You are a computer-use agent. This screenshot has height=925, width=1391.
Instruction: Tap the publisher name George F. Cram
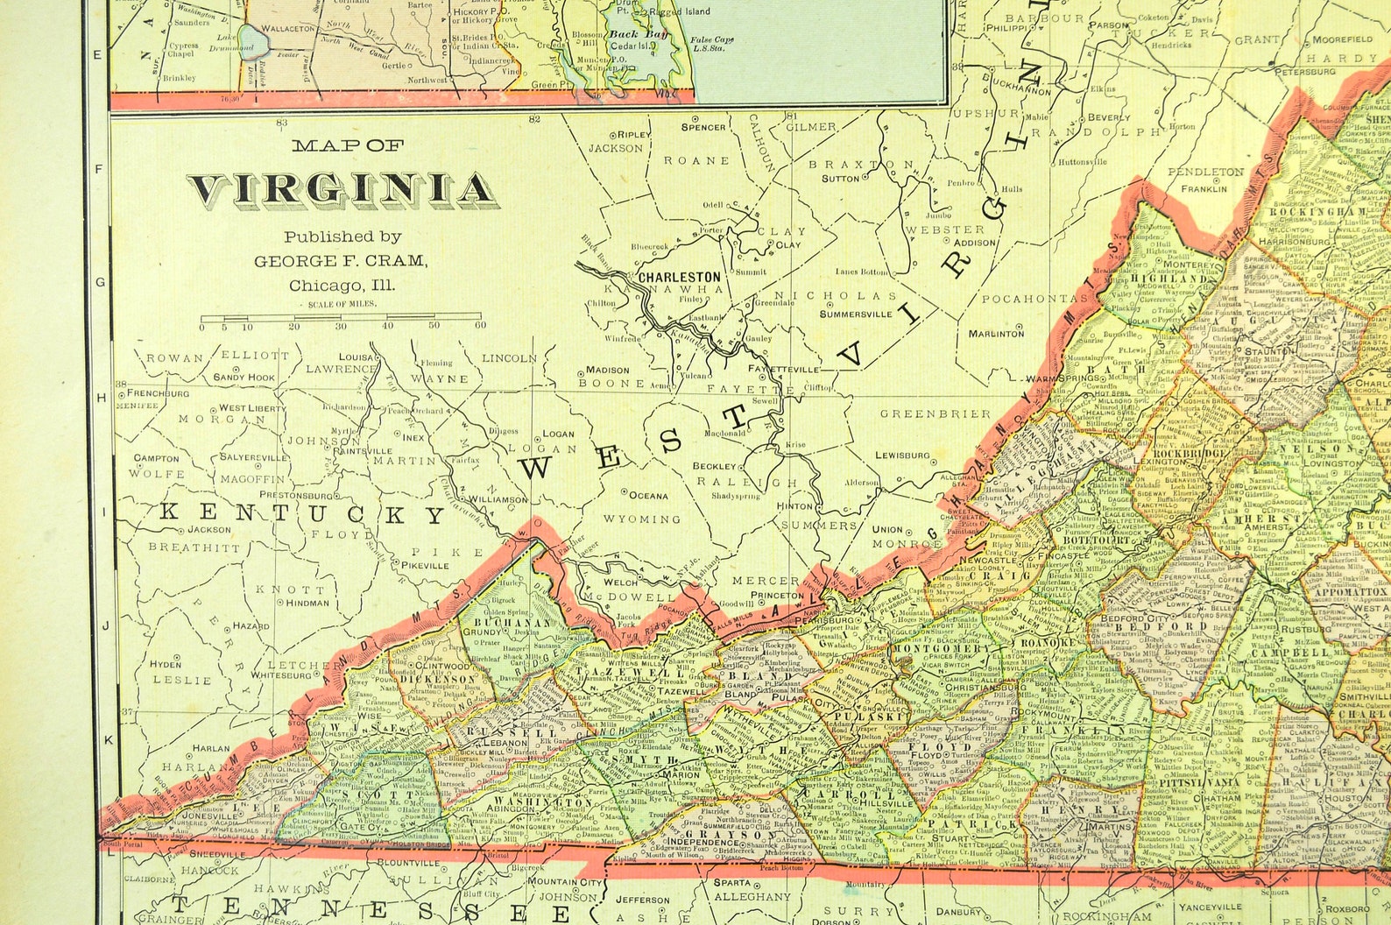pos(341,261)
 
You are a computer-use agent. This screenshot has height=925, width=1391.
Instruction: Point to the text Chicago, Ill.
pos(342,286)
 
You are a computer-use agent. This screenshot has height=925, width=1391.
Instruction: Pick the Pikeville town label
pos(424,566)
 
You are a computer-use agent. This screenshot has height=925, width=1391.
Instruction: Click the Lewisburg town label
pos(902,455)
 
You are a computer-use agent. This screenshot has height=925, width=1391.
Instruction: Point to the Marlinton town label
pos(996,333)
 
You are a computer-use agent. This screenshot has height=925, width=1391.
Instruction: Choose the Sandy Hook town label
pos(244,378)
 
